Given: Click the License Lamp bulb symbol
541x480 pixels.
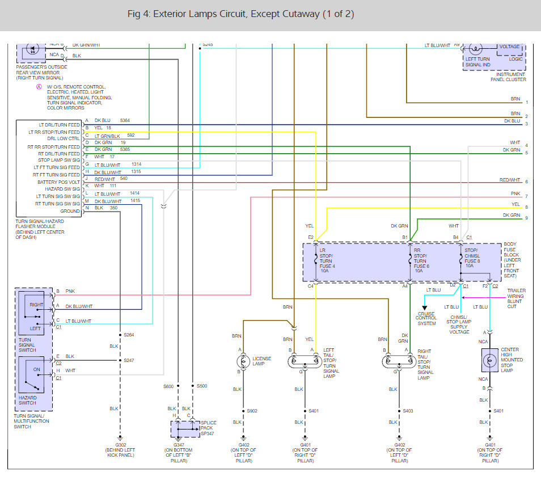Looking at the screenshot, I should point(244,361).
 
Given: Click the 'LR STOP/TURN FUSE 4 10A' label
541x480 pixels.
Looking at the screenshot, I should point(328,260).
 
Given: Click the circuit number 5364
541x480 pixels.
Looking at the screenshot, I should point(125,120).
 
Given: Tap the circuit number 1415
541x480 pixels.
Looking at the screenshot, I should point(135,201).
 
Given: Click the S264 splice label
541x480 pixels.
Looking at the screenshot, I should point(129,334).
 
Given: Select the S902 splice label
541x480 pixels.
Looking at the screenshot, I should point(252,411).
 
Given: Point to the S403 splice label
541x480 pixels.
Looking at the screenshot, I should point(408,411).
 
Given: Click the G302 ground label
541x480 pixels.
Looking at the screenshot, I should point(120,445).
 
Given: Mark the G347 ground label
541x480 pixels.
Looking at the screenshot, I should point(178,445).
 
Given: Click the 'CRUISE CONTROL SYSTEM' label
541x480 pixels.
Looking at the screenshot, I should point(426,318).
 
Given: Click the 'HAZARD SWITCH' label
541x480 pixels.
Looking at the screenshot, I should point(27,401).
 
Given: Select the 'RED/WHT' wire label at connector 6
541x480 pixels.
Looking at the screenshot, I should point(510,180).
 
